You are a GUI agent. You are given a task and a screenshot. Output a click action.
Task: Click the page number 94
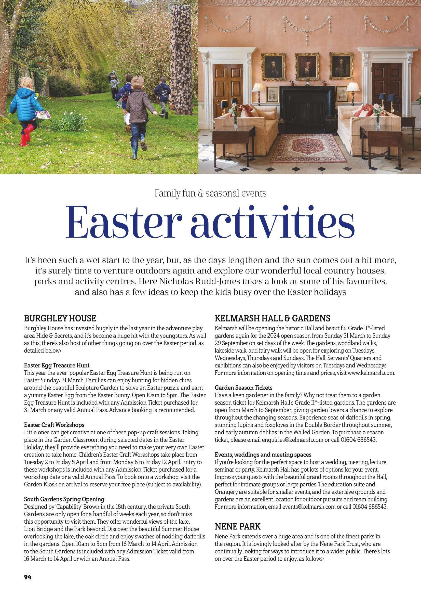point(28,582)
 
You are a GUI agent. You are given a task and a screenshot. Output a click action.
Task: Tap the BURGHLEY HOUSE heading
point(60,318)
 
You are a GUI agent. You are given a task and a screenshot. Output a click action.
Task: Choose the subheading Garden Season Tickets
point(243,388)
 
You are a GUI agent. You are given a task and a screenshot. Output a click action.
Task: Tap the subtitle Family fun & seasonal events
point(210,194)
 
